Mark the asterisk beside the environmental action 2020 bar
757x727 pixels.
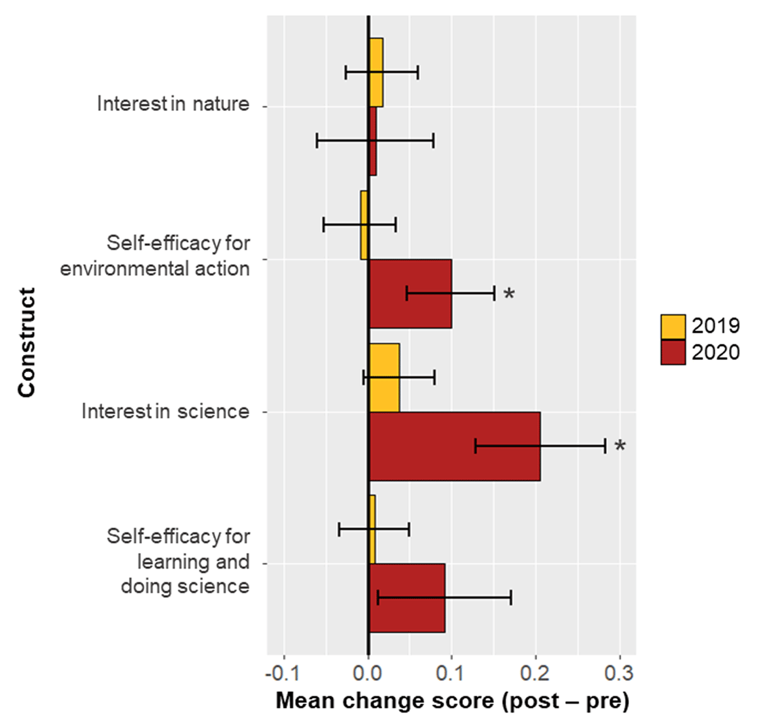pyautogui.click(x=509, y=294)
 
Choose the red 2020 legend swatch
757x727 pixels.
pyautogui.click(x=672, y=352)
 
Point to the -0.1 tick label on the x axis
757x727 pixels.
pyautogui.click(x=283, y=673)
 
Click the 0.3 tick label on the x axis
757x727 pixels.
pyautogui.click(x=619, y=673)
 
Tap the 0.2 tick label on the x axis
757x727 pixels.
pyautogui.click(x=536, y=673)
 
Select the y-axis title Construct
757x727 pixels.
pyautogui.click(x=26, y=342)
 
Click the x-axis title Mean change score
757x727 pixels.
pyautogui.click(x=452, y=701)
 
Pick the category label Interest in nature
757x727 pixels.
pyautogui.click(x=173, y=103)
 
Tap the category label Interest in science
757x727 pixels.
pyautogui.click(x=165, y=411)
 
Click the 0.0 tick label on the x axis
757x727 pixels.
pyautogui.click(x=368, y=673)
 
